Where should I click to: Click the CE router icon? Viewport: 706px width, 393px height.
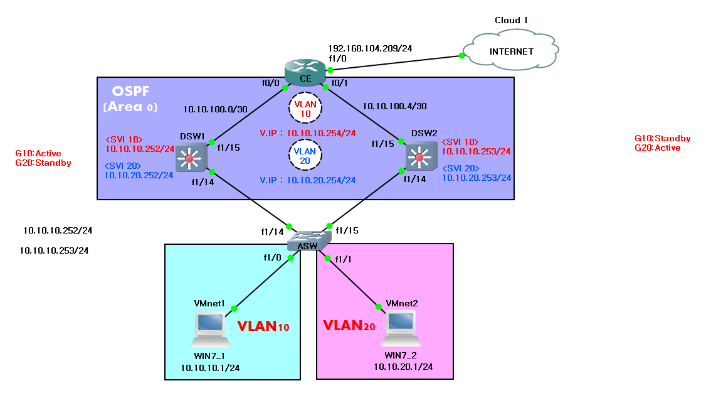click(x=305, y=71)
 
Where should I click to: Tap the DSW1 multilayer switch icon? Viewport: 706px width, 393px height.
click(x=189, y=157)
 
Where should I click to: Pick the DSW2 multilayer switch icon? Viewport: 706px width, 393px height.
click(x=418, y=157)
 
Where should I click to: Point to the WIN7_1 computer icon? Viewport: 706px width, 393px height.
click(x=210, y=330)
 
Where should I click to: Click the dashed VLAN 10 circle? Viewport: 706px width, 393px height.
click(x=305, y=107)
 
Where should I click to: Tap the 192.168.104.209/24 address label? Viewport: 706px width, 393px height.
click(x=370, y=48)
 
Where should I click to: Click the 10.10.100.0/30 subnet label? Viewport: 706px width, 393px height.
click(x=215, y=109)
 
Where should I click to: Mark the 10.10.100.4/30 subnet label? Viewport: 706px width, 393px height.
click(x=394, y=107)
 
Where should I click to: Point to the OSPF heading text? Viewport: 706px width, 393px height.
click(x=130, y=92)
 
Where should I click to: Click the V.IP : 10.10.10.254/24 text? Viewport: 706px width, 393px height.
click(x=307, y=133)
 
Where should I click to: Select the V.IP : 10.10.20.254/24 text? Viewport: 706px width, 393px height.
click(x=307, y=180)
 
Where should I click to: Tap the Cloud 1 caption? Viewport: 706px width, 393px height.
click(x=511, y=20)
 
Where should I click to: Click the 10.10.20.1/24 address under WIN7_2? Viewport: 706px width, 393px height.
click(x=403, y=366)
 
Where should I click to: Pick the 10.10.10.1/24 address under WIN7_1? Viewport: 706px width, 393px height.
click(x=210, y=368)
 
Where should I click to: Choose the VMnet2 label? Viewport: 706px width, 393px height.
click(x=402, y=303)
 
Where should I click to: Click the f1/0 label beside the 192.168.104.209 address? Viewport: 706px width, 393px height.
click(x=337, y=58)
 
